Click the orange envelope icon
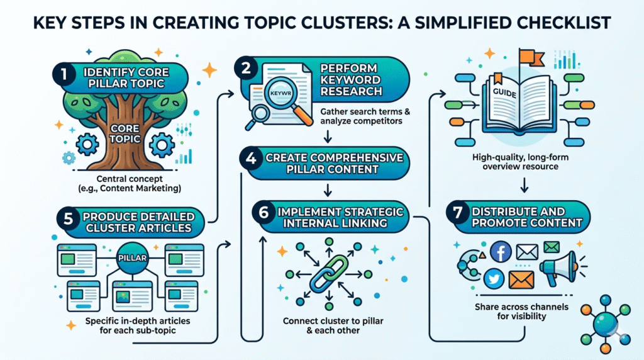pos(521,278)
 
